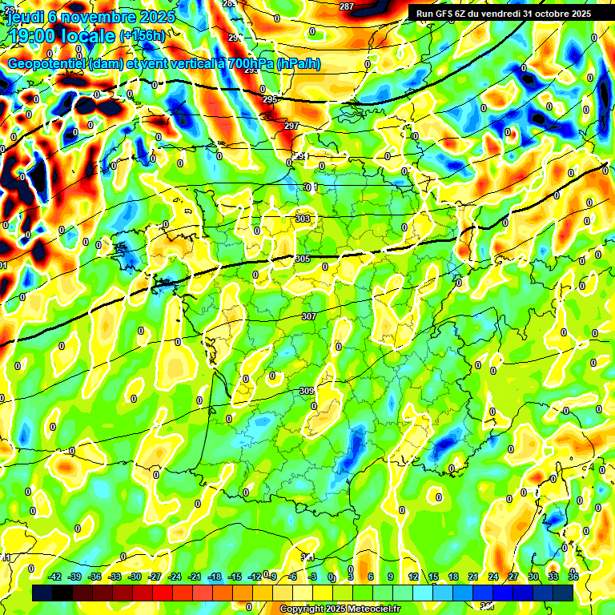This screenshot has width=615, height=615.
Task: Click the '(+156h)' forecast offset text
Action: (x=145, y=35)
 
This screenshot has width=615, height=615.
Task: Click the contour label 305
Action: (x=303, y=259)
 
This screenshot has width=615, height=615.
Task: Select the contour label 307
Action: (x=308, y=316)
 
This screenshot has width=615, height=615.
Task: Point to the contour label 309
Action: (x=307, y=391)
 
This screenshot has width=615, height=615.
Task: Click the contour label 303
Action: (x=303, y=218)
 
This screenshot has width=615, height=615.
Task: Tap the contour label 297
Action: (x=291, y=126)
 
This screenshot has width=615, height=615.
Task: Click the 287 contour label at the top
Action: (x=346, y=7)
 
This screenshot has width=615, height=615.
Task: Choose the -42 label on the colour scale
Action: (x=55, y=577)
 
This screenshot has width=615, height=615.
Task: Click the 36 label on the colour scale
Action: (x=573, y=577)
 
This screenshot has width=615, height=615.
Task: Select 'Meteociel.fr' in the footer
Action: (x=373, y=609)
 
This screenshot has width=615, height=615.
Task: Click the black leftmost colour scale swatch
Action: (x=42, y=593)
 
